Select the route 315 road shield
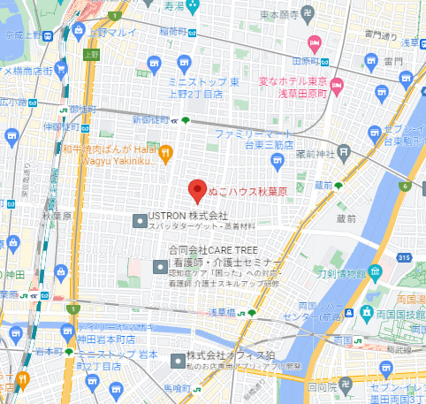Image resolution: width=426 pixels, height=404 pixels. click(405, 256)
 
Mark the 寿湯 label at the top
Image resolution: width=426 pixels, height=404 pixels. click(179, 5)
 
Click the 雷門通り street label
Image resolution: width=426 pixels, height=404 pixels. click(383, 36)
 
